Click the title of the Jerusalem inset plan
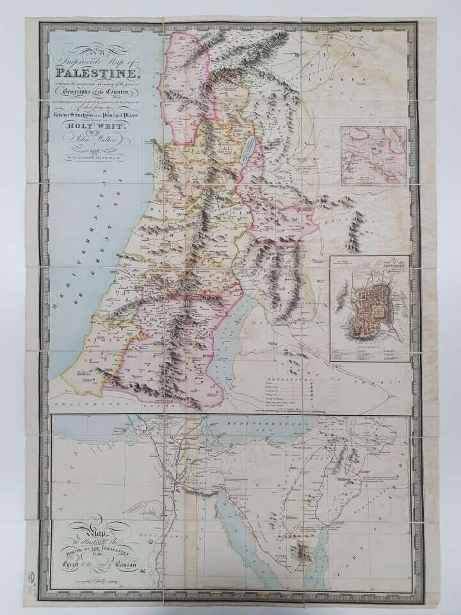coord(370,262)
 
